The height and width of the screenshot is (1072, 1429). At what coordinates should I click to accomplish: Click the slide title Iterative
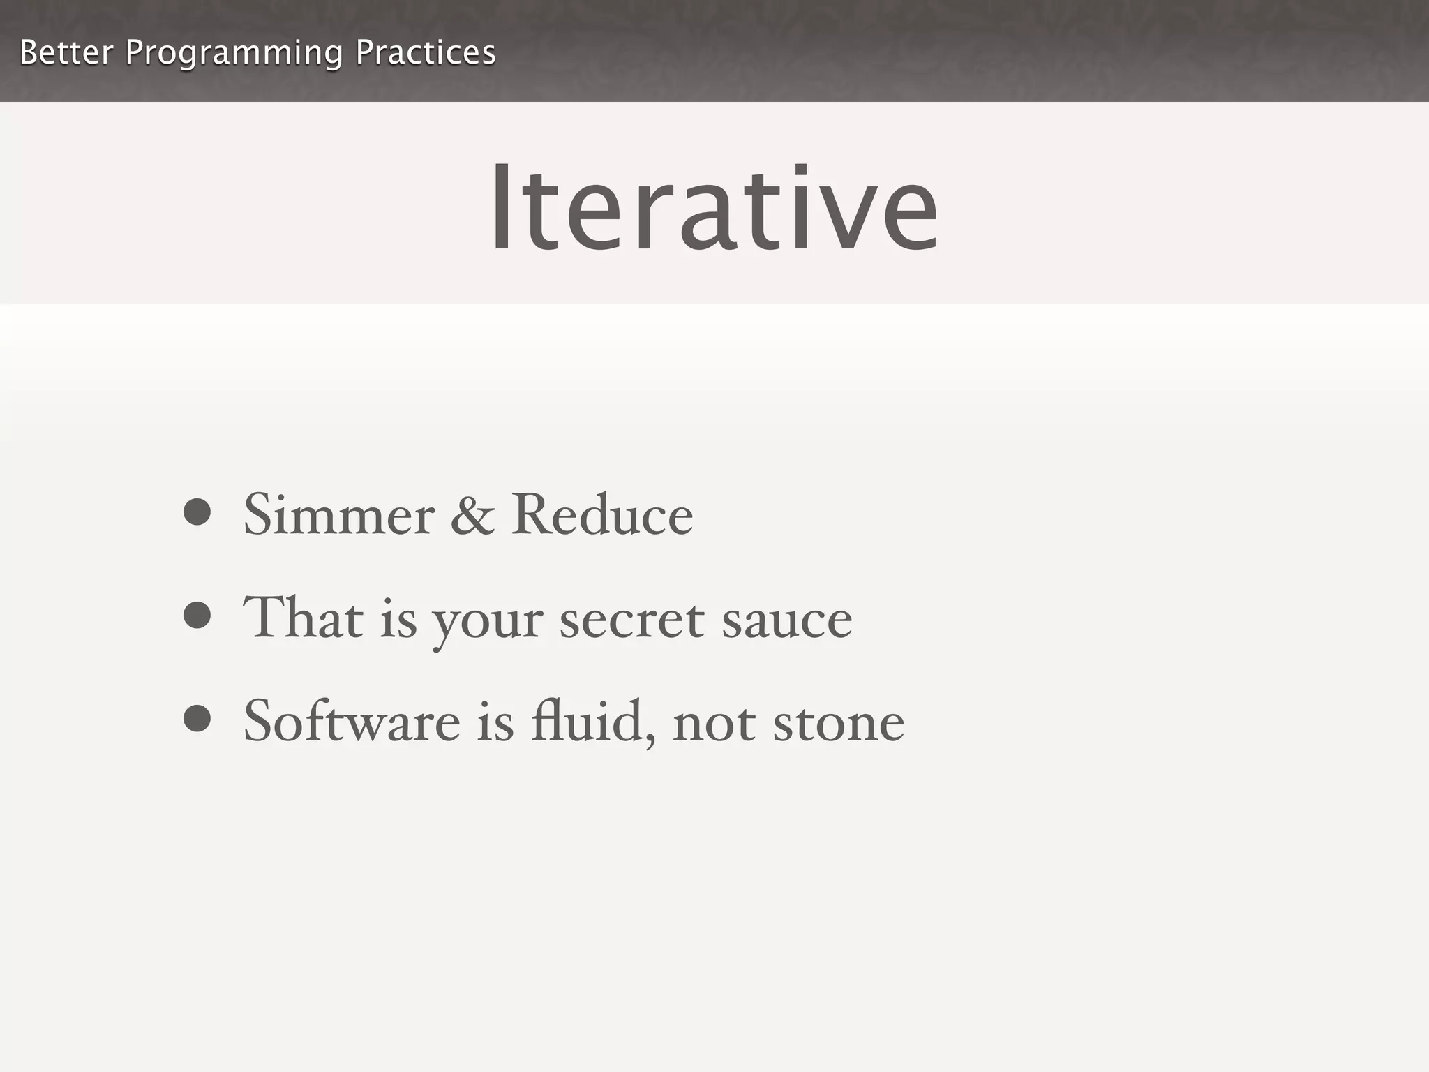[714, 208]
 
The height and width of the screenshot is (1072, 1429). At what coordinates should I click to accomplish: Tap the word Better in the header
[66, 52]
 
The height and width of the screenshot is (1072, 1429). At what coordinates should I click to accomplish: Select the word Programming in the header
[234, 54]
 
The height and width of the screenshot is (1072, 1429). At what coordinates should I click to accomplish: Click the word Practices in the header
[426, 52]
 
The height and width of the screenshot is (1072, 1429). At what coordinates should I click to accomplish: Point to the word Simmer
[339, 515]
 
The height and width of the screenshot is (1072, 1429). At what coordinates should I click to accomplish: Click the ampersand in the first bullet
[472, 515]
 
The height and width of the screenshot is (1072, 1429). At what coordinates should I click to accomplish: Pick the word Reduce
[602, 515]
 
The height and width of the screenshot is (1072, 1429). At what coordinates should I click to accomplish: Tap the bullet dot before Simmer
[197, 512]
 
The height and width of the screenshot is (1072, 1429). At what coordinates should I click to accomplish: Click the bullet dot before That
[197, 616]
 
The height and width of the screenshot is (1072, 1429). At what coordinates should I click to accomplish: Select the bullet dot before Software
[197, 719]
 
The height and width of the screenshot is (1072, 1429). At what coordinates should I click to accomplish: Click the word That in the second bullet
[303, 618]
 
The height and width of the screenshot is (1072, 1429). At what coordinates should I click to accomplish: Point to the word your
[487, 623]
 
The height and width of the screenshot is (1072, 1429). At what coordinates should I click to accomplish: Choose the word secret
[631, 620]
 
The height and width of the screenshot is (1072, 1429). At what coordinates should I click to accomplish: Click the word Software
[352, 722]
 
